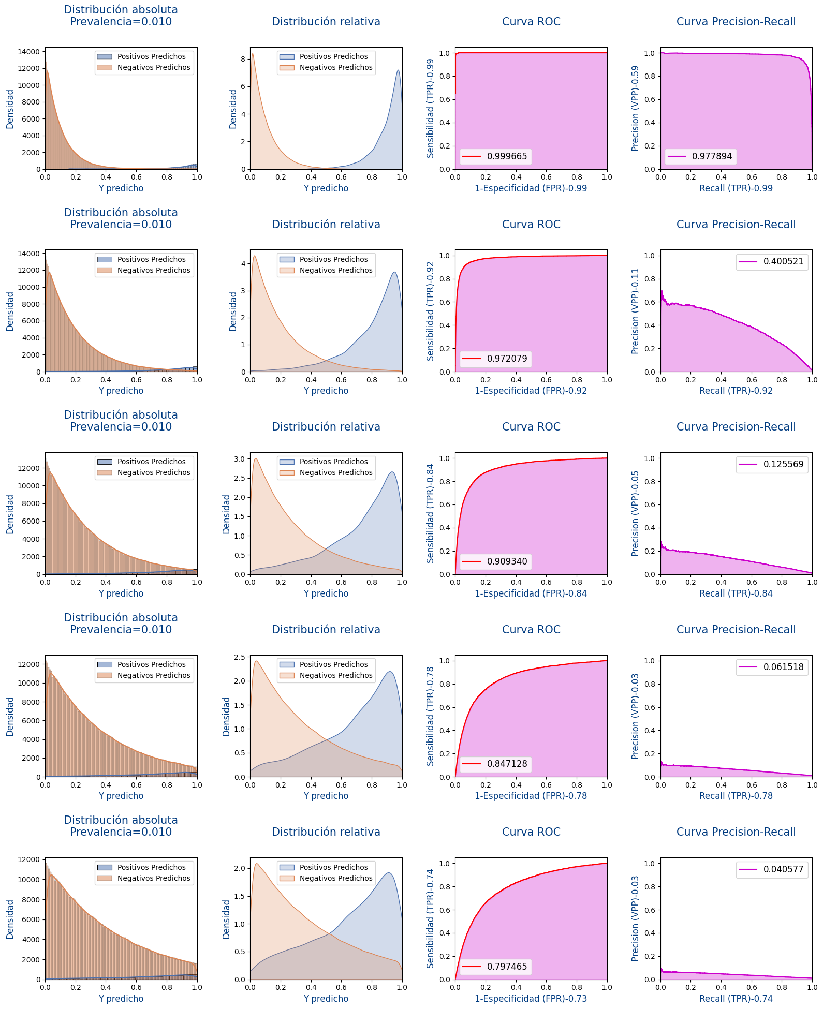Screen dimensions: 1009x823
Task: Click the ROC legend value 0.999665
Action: (x=507, y=156)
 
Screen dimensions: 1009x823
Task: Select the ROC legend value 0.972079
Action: (x=507, y=359)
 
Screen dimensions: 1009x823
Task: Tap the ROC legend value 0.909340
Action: (x=507, y=561)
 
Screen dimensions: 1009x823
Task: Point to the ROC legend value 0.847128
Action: (x=507, y=764)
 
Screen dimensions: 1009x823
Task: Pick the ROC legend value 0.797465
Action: (x=507, y=967)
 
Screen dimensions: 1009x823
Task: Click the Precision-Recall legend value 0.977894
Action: (x=712, y=156)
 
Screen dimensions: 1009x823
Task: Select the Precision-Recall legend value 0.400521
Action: (x=783, y=261)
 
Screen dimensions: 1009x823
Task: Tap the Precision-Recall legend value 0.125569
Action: (x=783, y=464)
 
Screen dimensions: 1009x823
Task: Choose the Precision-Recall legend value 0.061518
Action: (x=783, y=667)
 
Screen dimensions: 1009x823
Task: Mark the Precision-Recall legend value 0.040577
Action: (x=783, y=869)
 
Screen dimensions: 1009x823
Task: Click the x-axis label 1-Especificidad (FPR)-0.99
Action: (x=531, y=188)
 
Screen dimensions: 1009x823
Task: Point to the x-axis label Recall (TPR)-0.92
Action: (x=736, y=391)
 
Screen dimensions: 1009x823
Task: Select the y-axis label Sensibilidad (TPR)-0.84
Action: (x=430, y=513)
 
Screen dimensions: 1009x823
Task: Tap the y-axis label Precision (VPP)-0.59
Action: (x=635, y=108)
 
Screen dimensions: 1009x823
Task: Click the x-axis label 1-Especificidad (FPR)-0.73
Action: (x=531, y=999)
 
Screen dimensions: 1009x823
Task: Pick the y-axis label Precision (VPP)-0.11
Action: (x=635, y=311)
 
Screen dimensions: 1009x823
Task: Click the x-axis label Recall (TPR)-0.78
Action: (x=736, y=796)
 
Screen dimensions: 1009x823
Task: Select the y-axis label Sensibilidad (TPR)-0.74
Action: (x=430, y=918)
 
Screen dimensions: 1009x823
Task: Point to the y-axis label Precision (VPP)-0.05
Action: (x=635, y=513)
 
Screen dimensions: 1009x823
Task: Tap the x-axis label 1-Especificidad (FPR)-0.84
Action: (x=531, y=593)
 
